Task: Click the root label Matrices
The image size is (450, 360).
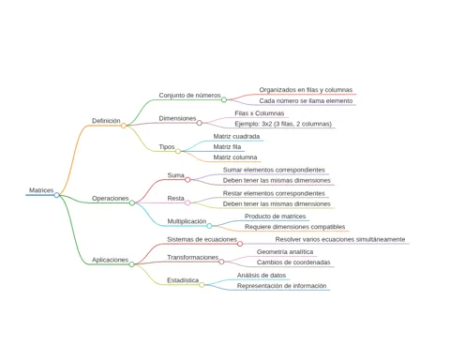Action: tap(41, 190)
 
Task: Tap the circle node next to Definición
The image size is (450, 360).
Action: tap(124, 126)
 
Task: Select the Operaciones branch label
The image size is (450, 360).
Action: tap(111, 198)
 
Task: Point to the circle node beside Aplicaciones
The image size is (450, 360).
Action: tap(132, 264)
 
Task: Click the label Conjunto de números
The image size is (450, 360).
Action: tap(189, 95)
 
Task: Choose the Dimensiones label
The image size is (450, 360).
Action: tap(177, 118)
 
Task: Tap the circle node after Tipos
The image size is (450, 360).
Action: tap(178, 151)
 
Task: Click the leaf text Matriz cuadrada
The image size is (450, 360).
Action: tap(236, 136)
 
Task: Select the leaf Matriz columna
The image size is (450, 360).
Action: tap(235, 157)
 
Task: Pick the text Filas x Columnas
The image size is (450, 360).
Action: tap(260, 113)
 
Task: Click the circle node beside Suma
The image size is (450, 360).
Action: tap(187, 180)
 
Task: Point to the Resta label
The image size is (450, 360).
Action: tap(175, 198)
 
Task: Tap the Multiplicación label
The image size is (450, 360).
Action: tap(187, 221)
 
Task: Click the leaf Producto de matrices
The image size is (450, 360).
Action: tap(276, 217)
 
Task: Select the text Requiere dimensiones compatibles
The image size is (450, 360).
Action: tap(294, 227)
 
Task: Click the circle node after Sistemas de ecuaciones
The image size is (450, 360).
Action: tap(240, 244)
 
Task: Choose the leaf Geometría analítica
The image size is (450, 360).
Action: tap(285, 251)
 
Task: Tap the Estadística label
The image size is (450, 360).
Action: tap(183, 280)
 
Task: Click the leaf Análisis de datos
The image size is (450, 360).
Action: tap(262, 276)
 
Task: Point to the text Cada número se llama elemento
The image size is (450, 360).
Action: tap(306, 100)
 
